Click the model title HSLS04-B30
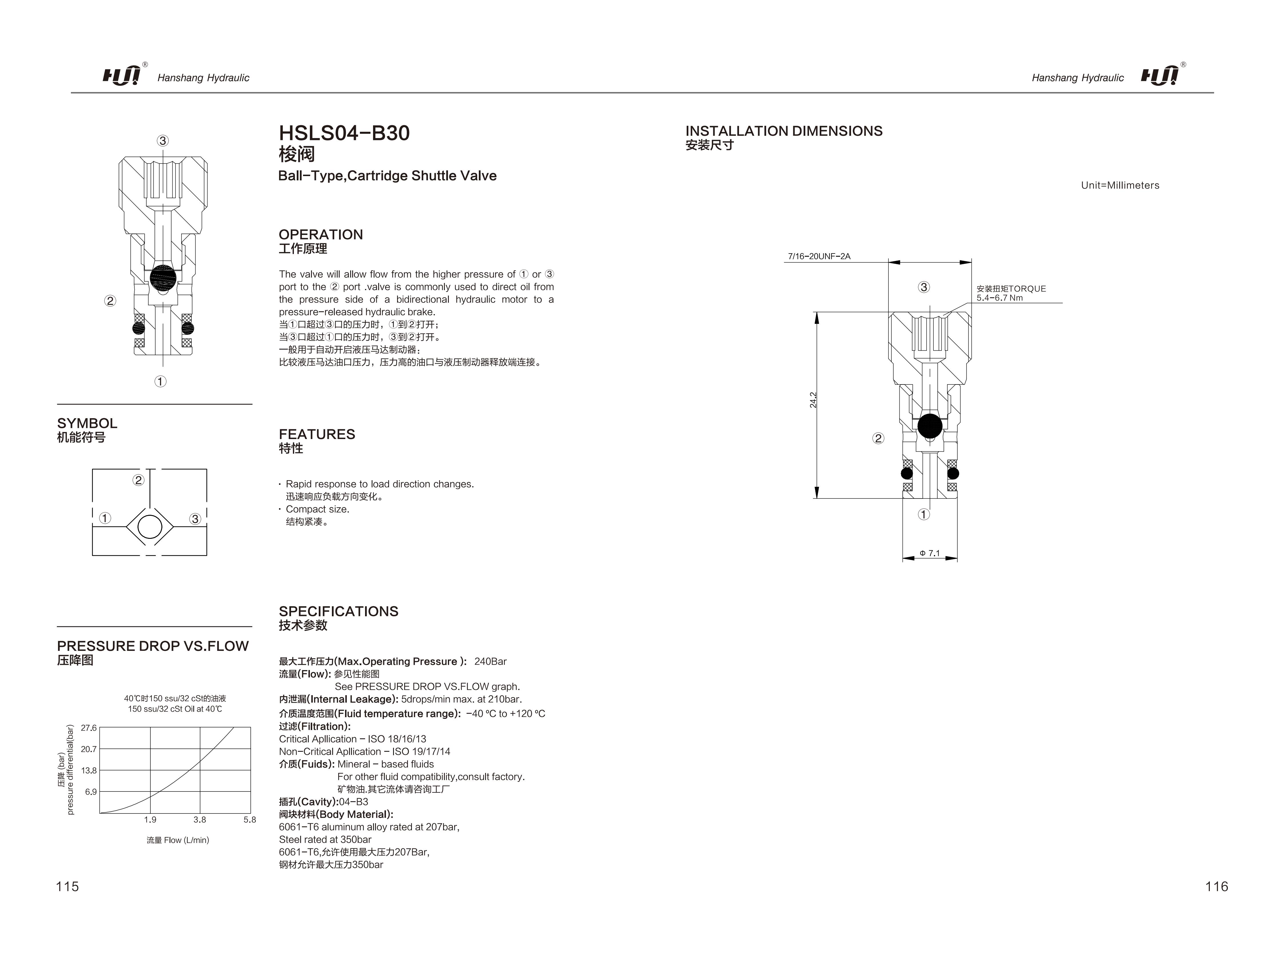point(344,134)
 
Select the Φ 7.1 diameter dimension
point(929,553)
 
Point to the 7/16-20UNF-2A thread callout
point(819,256)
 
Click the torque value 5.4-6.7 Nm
point(999,298)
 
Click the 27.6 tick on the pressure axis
point(89,728)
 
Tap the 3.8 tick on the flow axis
point(200,820)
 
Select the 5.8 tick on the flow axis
point(250,820)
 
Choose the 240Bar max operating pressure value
point(490,661)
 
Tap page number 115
point(67,886)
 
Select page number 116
point(1216,886)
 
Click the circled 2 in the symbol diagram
point(138,480)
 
